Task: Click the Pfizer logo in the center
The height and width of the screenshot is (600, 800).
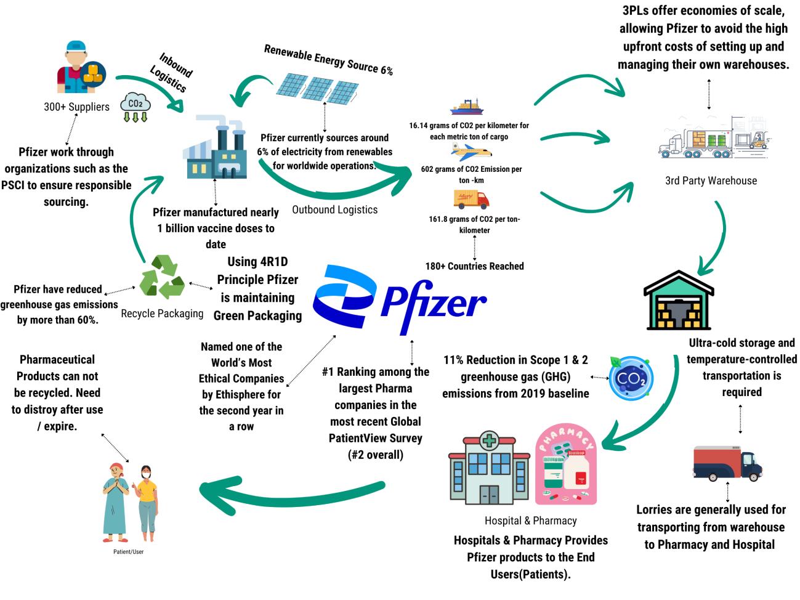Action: pos(399,299)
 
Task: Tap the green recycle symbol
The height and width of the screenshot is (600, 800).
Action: pos(162,277)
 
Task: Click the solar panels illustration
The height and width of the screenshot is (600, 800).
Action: pos(317,88)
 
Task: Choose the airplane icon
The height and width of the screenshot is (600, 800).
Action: pos(471,152)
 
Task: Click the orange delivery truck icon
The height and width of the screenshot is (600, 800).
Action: pos(471,199)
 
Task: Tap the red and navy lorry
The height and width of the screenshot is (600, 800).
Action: pos(727,463)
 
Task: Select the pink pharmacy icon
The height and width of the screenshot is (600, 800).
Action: pos(565,464)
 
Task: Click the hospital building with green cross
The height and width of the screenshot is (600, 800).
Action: pos(489,468)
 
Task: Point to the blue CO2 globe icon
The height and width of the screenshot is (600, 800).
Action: pos(631,378)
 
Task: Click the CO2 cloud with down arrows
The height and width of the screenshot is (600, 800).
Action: pos(135,107)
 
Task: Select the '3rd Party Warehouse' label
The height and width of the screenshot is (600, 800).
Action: pos(711,180)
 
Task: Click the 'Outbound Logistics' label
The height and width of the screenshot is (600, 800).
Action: pos(334,209)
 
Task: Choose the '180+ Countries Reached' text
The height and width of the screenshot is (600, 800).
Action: pos(474,266)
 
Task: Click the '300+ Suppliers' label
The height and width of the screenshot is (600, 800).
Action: pos(76,107)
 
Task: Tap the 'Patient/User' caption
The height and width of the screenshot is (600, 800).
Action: pos(128,551)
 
